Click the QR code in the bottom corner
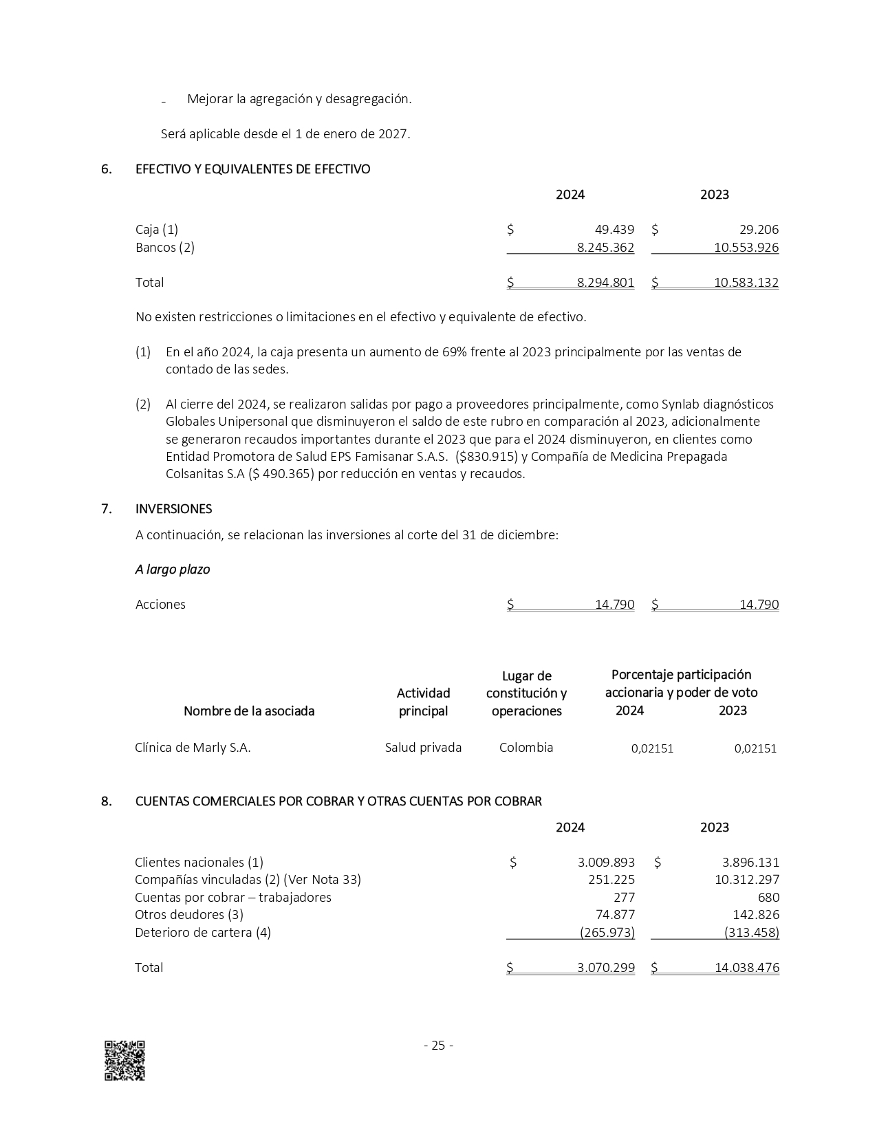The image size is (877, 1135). tap(124, 1061)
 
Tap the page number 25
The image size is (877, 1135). tap(438, 1046)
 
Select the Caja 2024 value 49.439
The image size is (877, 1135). tap(614, 230)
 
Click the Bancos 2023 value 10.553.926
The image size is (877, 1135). tap(746, 248)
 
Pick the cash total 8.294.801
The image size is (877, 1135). tap(605, 283)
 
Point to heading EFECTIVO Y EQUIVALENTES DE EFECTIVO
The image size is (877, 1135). tap(253, 169)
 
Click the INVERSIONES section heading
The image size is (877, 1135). tap(174, 509)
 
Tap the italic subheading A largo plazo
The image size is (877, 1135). tap(173, 570)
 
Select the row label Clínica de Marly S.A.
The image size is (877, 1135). tap(193, 748)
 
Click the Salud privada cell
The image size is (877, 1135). tap(423, 748)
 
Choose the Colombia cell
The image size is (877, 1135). tap(526, 748)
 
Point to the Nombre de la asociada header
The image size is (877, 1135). tap(249, 711)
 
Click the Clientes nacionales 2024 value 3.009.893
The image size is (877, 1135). tap(606, 863)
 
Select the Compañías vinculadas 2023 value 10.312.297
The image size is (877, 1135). tap(747, 880)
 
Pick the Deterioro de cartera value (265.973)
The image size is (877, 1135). tap(607, 933)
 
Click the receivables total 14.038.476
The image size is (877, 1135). tap(747, 968)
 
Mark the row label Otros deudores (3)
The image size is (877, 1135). tap(189, 915)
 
